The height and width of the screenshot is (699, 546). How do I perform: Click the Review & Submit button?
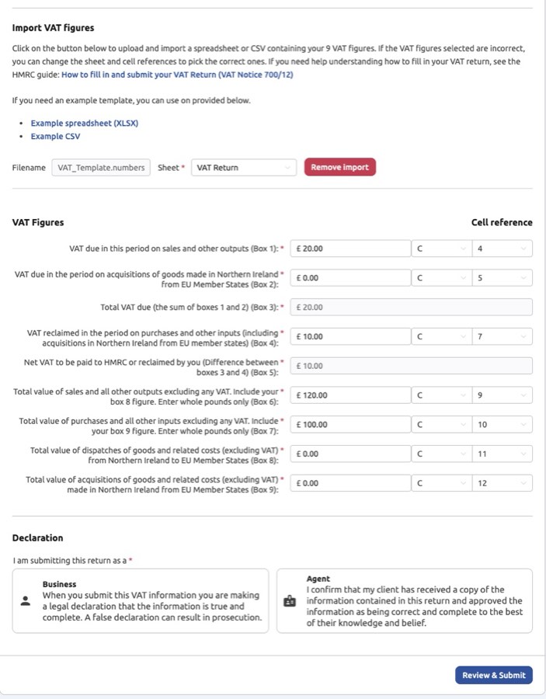(x=493, y=675)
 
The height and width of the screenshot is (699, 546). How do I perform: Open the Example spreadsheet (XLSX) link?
(x=84, y=123)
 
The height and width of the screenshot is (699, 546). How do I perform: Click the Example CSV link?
(x=55, y=136)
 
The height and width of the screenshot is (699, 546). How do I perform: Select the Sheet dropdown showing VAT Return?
(x=244, y=167)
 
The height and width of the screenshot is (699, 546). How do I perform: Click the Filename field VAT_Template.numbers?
(x=101, y=167)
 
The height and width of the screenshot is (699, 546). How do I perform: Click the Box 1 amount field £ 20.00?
(x=350, y=249)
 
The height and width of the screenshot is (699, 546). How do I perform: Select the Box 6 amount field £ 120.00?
(x=350, y=395)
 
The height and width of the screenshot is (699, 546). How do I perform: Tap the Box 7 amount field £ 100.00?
(x=350, y=425)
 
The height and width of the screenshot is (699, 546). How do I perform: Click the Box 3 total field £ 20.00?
(x=411, y=307)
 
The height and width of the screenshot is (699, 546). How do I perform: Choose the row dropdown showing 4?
(x=502, y=249)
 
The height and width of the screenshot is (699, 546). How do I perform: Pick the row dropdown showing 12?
(x=502, y=483)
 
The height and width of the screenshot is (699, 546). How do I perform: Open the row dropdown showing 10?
(x=502, y=425)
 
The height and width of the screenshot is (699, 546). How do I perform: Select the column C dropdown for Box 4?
(x=440, y=336)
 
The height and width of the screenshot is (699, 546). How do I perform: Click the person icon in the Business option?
(x=26, y=600)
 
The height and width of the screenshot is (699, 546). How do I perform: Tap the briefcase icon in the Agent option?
(x=290, y=600)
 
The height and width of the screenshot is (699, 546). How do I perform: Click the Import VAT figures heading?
(x=53, y=28)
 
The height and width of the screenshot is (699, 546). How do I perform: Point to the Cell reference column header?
(x=501, y=222)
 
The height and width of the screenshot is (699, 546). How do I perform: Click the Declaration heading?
(x=37, y=537)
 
